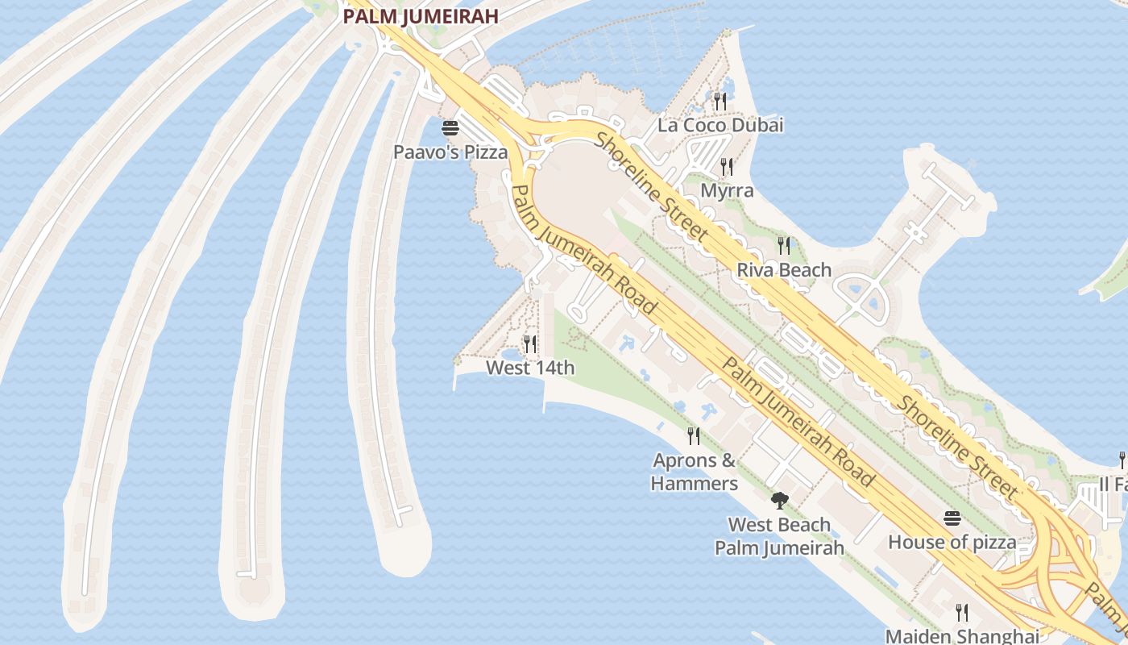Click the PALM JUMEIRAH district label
pos(421,15)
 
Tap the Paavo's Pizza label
pos(450,152)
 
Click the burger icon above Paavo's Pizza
pos(450,127)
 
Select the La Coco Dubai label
pos(720,125)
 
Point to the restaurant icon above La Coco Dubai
pos(720,101)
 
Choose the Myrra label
pos(727,190)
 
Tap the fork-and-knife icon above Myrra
pos(727,166)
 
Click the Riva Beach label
pos(784,269)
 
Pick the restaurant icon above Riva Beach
pos(784,245)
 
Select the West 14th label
pos(530,368)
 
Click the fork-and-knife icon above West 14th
pos(530,344)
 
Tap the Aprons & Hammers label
pos(695,472)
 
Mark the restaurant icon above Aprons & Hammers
pos(694,436)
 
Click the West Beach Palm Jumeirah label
pos(779,536)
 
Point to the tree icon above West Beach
pos(779,501)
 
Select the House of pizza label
pos(952,542)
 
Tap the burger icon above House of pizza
pos(952,518)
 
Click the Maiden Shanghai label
pos(962,635)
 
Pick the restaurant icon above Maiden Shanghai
pos(961,612)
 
